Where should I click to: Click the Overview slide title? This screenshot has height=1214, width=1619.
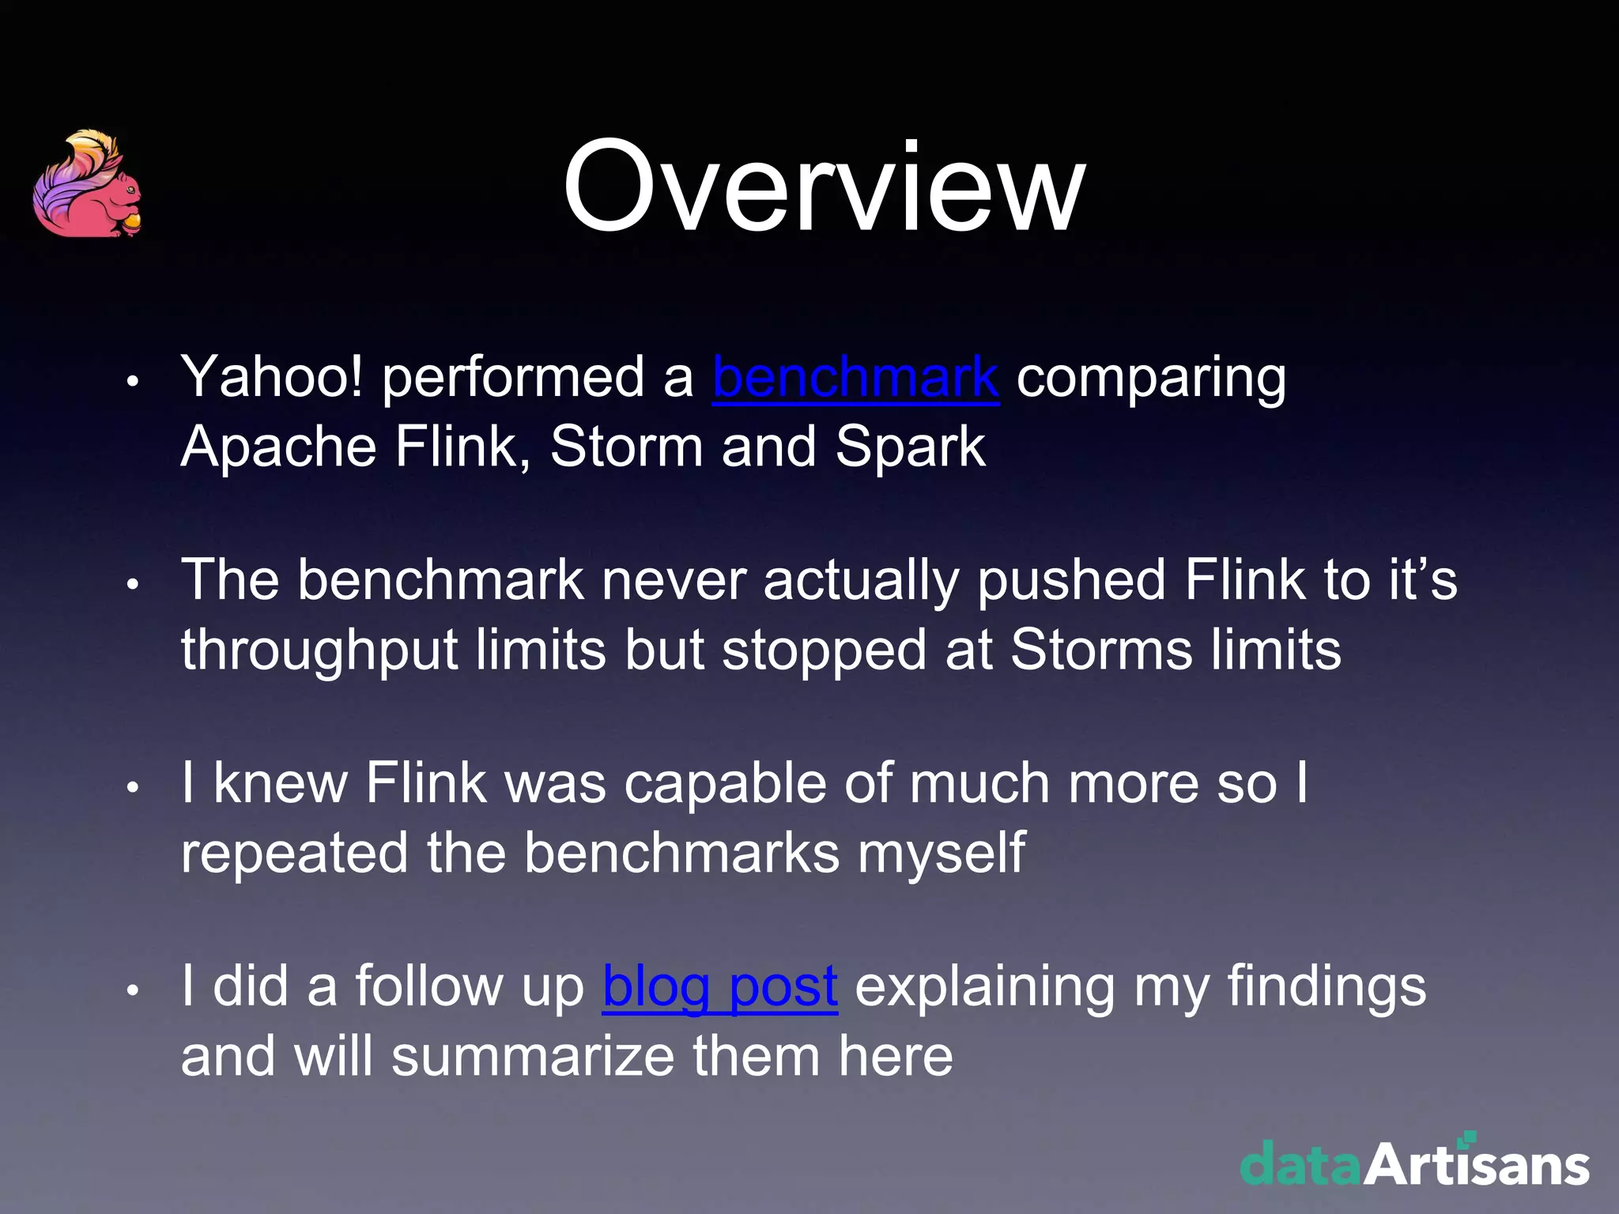coord(824,188)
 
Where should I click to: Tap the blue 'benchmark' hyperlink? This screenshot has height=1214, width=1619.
coord(855,377)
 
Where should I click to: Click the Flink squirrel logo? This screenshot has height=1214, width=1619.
coord(88,184)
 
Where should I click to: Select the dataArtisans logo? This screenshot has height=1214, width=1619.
coord(1414,1163)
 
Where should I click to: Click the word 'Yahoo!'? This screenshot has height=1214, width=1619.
coord(272,377)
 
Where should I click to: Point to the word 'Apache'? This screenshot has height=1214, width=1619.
coord(278,447)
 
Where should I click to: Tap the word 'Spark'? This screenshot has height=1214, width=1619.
coord(910,447)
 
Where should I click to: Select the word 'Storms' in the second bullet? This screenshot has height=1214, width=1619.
coord(1100,650)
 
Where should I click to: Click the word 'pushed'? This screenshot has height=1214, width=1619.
coord(1071,582)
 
